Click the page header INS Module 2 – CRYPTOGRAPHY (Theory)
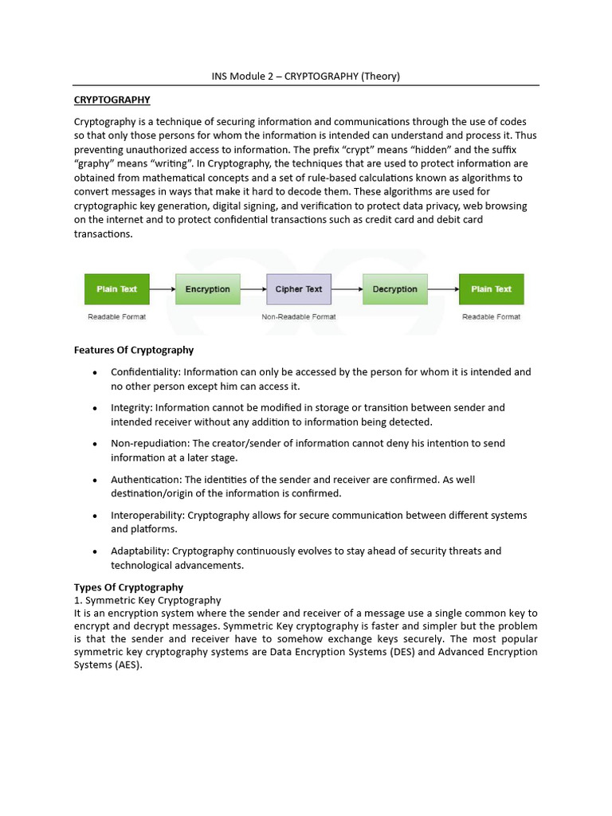305,76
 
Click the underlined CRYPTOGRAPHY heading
112,100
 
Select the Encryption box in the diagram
207,289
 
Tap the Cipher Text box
299,289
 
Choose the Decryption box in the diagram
394,289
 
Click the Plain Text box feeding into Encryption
117,289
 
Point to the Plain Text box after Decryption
491,289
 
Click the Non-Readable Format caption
299,317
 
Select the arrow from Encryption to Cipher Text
253,289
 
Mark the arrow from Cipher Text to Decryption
347,289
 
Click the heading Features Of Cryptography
134,350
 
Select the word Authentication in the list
146,480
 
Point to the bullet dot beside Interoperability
96,516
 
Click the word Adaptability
139,551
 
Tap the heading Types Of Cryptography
128,587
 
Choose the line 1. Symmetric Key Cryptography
147,600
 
